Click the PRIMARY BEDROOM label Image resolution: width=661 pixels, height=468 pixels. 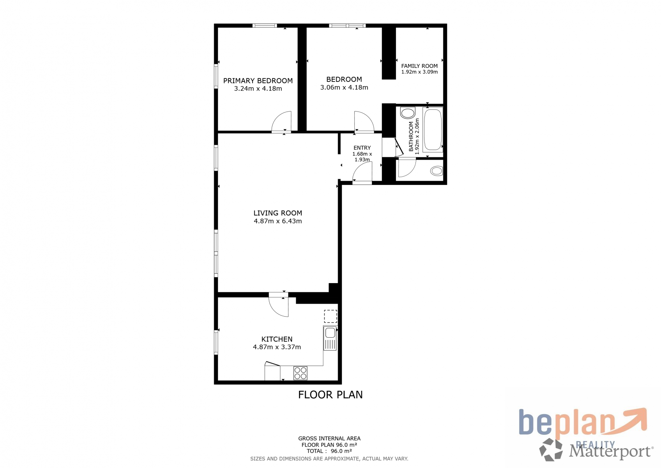258,81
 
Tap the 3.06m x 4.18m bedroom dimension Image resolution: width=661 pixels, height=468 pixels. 344,87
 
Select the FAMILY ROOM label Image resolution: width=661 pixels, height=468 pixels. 419,66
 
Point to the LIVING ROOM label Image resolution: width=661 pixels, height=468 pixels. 277,213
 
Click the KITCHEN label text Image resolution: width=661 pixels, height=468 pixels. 277,339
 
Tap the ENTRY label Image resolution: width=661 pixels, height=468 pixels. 362,148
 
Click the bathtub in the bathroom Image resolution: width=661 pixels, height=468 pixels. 433,129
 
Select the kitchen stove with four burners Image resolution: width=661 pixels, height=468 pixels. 300,373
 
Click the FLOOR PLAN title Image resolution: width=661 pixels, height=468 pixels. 330,395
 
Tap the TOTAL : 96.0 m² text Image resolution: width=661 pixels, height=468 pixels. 329,451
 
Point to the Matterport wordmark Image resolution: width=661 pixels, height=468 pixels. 611,451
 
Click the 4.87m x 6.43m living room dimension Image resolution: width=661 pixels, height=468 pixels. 277,221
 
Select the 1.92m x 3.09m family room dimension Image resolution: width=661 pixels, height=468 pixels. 419,72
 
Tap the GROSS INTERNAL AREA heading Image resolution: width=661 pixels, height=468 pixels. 329,438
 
